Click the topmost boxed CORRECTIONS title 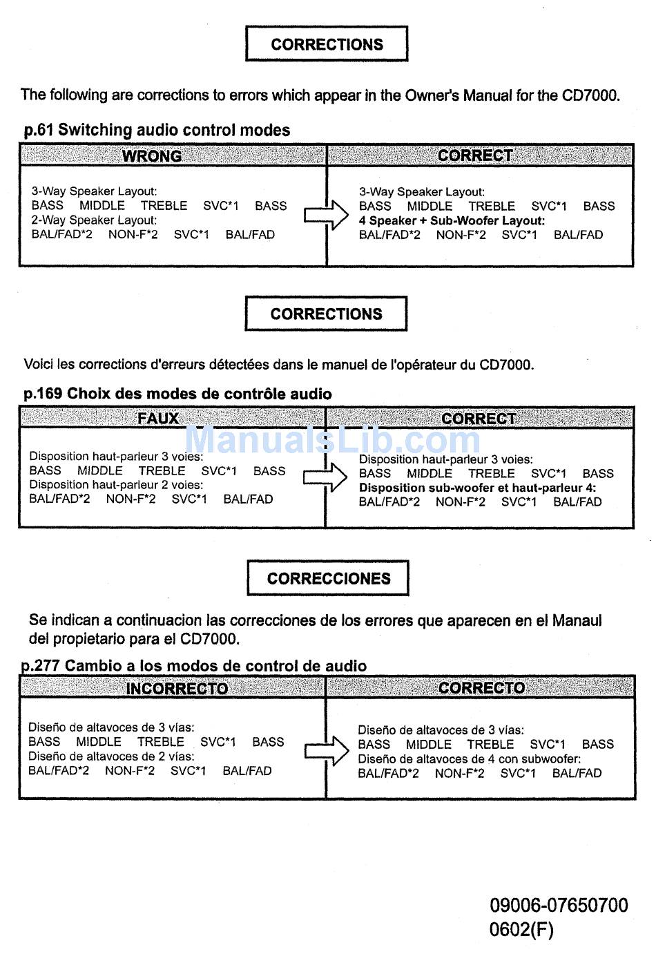point(327,44)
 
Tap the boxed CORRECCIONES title point(328,578)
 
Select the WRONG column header point(152,155)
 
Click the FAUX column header point(158,418)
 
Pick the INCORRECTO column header point(177,688)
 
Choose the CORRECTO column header point(481,687)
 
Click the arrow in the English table point(326,215)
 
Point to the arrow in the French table point(325,477)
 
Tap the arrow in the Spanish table point(326,750)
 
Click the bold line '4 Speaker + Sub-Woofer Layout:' point(452,221)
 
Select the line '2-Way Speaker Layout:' point(94,220)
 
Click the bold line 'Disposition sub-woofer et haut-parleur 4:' point(477,488)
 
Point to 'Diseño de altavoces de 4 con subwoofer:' point(469,759)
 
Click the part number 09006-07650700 point(559,905)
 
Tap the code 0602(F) point(521,929)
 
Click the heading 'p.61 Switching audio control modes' point(157,130)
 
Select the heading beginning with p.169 point(177,394)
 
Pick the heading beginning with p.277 point(194,666)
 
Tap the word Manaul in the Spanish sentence point(577,620)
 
